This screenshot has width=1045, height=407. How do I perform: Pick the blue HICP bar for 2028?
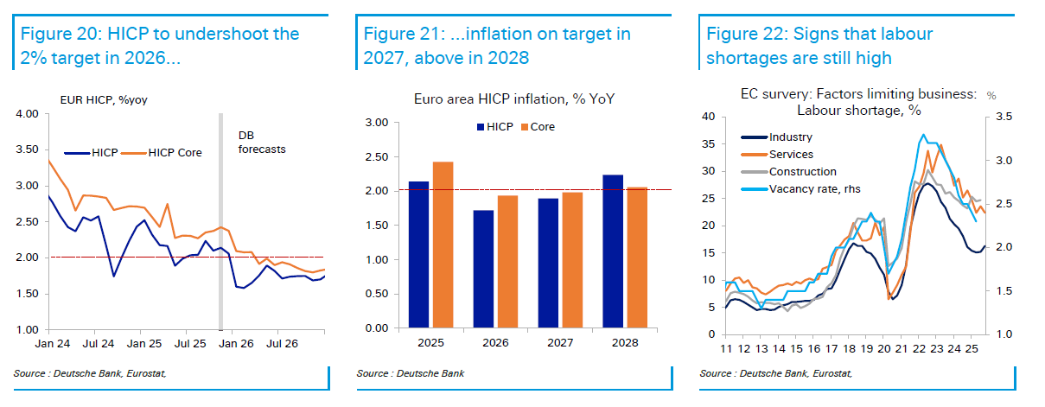coord(613,251)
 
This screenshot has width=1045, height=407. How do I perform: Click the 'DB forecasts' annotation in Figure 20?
coord(261,142)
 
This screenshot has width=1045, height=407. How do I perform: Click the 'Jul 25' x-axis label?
coord(201,344)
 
